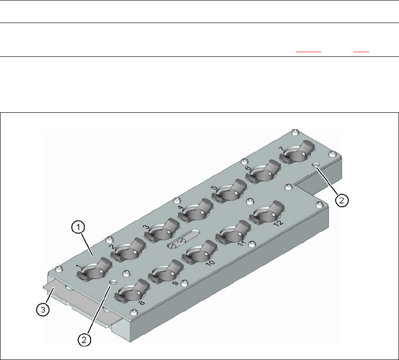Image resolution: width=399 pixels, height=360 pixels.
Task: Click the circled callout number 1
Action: pos(79,227)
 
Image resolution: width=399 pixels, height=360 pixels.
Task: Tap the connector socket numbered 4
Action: pos(196,212)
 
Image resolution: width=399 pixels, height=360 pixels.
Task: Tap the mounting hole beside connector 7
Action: pos(316,166)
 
